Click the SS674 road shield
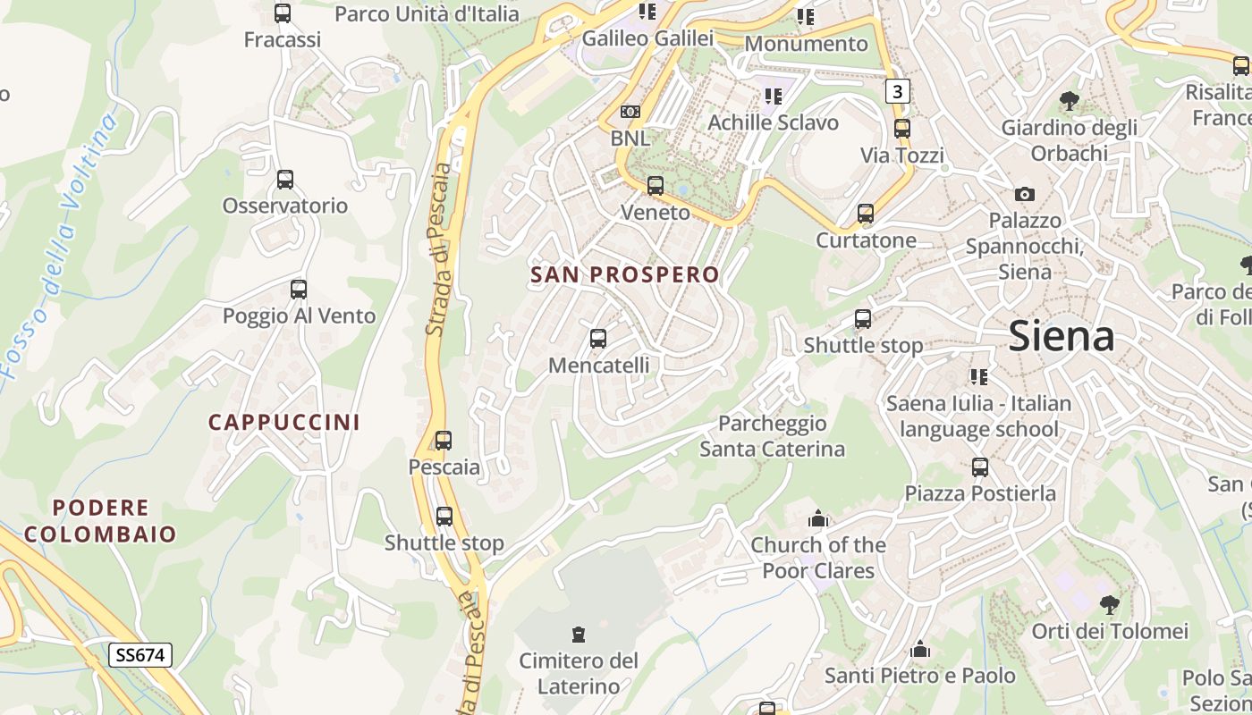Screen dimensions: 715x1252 [140, 655]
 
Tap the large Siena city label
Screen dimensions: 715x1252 [1062, 336]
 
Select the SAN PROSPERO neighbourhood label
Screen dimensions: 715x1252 [625, 274]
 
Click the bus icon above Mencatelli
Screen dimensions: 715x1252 [598, 339]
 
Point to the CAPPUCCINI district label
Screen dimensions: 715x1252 [284, 422]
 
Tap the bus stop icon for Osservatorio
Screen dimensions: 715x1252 [285, 180]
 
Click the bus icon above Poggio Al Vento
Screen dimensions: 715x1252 [299, 290]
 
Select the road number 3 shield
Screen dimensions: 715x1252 [898, 90]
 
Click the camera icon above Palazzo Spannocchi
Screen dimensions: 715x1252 [1025, 194]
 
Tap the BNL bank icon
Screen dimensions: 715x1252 [630, 112]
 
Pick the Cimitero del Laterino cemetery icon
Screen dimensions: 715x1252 [579, 635]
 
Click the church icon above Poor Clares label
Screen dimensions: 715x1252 [818, 518]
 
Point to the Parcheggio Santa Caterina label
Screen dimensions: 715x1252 [772, 436]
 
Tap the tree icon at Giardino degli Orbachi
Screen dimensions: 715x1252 [1069, 101]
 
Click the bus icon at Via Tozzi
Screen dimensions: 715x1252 [902, 129]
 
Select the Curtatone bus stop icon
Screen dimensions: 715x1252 [866, 214]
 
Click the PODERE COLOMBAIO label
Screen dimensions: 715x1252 [100, 521]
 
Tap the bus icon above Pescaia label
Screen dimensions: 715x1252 [444, 441]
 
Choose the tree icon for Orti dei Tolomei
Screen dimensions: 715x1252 [1110, 605]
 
